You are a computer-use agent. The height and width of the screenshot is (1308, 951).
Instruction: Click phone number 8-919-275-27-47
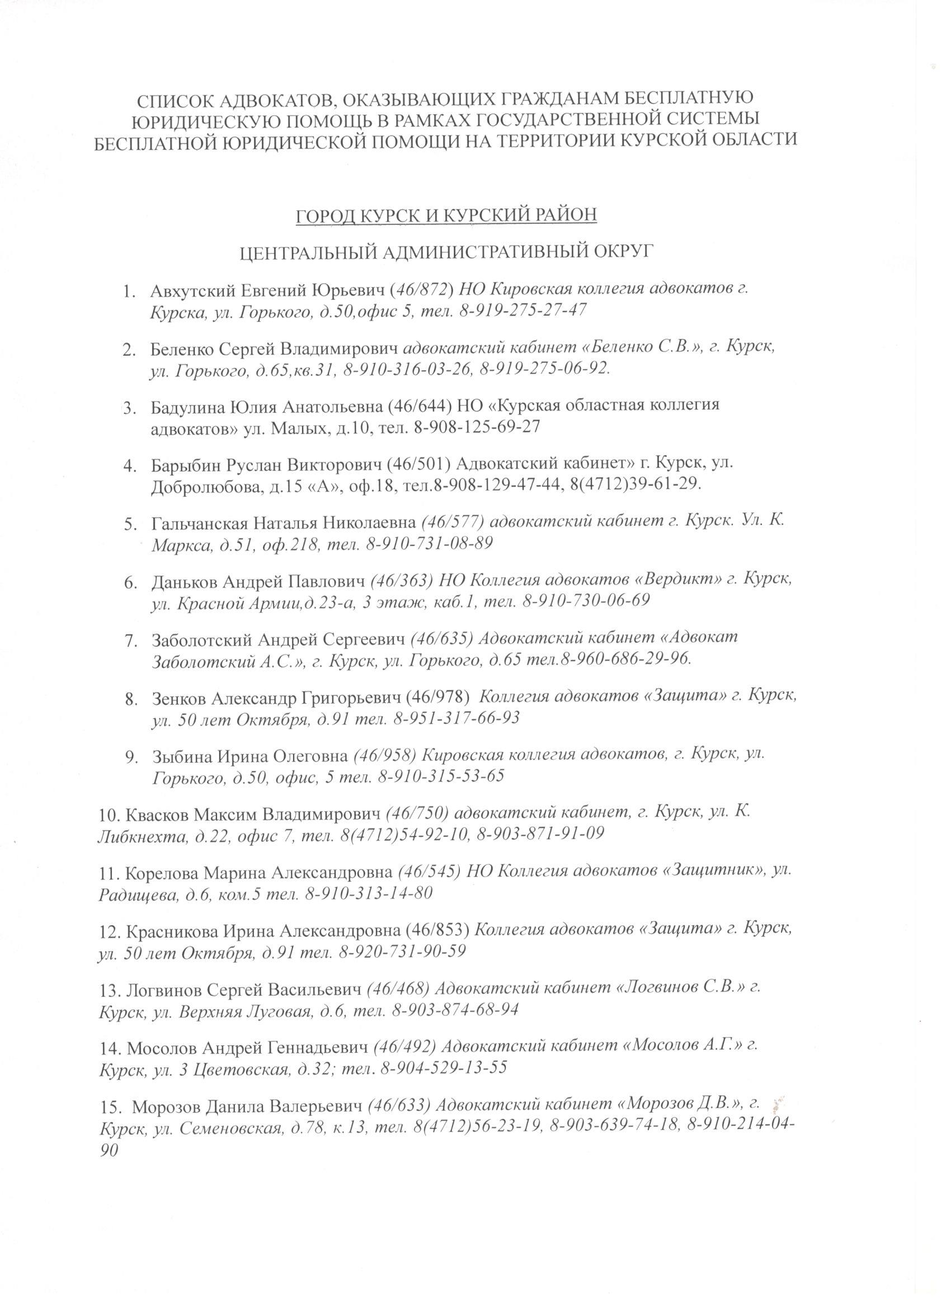click(523, 310)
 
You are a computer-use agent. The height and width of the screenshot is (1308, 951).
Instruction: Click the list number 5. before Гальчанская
click(130, 524)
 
